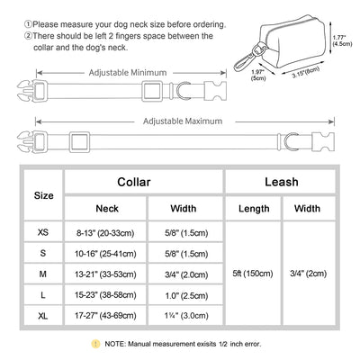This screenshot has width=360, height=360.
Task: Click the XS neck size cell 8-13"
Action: point(105,233)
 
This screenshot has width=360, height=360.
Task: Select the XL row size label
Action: point(43,316)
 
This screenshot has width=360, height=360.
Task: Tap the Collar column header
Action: point(134,182)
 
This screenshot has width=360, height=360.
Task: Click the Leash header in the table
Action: point(282,182)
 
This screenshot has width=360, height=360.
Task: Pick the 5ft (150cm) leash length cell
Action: point(253,274)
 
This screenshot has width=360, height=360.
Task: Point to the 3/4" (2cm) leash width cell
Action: point(309,274)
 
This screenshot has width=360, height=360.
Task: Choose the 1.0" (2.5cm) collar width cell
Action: point(186,296)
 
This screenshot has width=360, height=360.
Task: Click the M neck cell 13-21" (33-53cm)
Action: point(105,274)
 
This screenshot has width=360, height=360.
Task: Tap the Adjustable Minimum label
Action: point(128,73)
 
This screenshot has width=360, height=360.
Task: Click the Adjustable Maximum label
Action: point(183,121)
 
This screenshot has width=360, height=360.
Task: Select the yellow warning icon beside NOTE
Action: point(95,344)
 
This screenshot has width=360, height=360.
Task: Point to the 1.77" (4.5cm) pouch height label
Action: point(342,40)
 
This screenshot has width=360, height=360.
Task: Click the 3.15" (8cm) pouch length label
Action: point(305,72)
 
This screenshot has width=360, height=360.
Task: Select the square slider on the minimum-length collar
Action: point(152,91)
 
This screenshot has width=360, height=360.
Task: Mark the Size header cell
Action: point(44,195)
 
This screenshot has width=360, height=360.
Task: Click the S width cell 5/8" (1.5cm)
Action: point(186,254)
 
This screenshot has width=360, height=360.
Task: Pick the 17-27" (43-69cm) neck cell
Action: point(105,316)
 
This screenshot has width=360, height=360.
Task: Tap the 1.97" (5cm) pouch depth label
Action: point(258,75)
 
